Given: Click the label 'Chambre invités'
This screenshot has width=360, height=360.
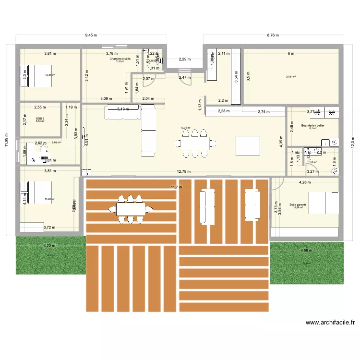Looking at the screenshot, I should coord(120,59).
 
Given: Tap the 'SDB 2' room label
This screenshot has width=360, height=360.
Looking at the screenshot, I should coord(40,118).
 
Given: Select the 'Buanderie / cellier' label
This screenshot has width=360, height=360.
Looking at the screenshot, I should coord(312,126).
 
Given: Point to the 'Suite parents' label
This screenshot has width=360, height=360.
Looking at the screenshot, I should coord(298,204).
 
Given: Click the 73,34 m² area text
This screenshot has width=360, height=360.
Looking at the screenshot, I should coord(185,128).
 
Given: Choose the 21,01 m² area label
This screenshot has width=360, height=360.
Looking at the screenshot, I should coord(291,77).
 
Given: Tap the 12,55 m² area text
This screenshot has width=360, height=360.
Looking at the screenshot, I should coord(50,75).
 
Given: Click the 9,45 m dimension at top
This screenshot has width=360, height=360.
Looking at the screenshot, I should coord(91,35).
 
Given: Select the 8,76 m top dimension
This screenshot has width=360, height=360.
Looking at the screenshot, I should coord(274,35).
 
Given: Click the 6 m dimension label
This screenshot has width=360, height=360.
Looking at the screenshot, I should coord(290,53).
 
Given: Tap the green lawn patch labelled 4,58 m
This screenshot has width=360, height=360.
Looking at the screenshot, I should coord(307,262).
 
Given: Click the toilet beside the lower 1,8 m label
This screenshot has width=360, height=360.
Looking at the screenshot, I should coord(335,170).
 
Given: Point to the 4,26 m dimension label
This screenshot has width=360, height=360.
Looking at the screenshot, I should coord(305,182).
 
